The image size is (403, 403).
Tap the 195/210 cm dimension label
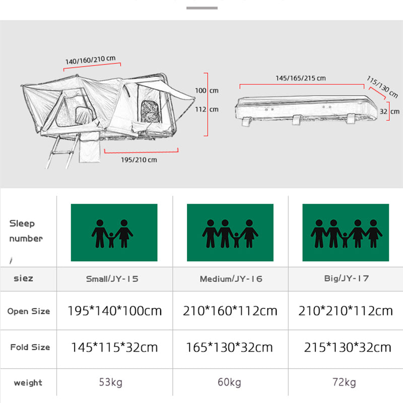139,160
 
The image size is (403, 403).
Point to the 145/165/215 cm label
300,78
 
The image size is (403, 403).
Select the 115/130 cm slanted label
382,87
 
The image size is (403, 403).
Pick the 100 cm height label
207,91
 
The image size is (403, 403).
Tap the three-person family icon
114,233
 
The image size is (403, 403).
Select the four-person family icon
230,233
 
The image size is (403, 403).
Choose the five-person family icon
346,233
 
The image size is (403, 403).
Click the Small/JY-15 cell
115,279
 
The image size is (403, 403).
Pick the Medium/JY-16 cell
231,279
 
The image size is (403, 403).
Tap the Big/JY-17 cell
346,279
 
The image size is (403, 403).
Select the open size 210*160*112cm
230,311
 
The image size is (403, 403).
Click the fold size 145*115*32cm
115,347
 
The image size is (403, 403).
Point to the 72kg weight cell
346,382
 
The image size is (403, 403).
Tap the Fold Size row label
30,347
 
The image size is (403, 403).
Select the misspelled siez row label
23,278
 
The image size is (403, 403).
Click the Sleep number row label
26,231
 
